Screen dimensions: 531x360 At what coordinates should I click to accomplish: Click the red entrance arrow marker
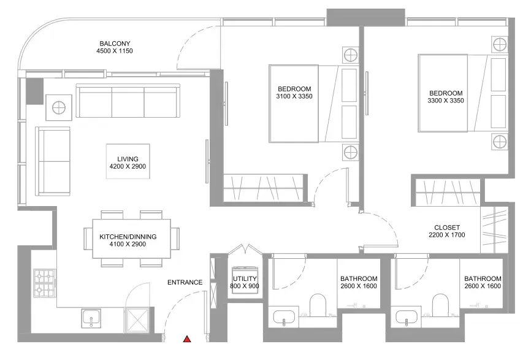(x=187, y=339)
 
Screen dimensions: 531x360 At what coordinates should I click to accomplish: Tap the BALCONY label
(x=115, y=44)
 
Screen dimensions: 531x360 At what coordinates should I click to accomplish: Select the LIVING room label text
(x=128, y=159)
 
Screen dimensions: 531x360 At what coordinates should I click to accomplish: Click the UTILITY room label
(x=245, y=278)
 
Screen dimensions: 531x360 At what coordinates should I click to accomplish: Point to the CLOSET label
(x=447, y=228)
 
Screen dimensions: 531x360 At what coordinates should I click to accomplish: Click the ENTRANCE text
(x=185, y=282)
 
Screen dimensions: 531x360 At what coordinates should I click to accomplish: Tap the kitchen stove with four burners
(x=44, y=283)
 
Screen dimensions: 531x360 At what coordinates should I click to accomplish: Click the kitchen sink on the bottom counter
(x=91, y=318)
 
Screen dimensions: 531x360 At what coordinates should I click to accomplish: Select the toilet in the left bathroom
(x=318, y=304)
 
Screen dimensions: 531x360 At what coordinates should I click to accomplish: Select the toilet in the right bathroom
(x=440, y=304)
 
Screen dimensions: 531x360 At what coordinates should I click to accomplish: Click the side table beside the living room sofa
(x=59, y=107)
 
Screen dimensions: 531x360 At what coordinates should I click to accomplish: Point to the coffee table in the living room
(x=128, y=161)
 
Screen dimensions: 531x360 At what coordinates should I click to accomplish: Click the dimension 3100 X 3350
(x=294, y=96)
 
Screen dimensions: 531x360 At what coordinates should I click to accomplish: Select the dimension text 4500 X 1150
(x=115, y=51)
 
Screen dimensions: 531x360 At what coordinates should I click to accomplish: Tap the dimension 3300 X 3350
(x=446, y=101)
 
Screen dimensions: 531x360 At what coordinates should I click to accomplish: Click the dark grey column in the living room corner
(x=35, y=91)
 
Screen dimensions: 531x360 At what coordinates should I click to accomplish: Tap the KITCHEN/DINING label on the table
(x=128, y=237)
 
